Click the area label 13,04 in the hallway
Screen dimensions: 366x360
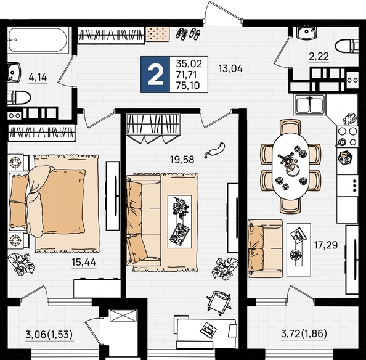coord(230,68)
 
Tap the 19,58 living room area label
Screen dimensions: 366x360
coord(182,160)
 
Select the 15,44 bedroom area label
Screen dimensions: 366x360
coord(84,262)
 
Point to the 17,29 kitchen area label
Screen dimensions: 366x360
coord(326,245)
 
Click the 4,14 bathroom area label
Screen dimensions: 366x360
coord(38,77)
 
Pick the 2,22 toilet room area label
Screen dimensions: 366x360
coord(319,56)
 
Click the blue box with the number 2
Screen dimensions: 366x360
coord(155,75)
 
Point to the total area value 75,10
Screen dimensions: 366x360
coord(188,86)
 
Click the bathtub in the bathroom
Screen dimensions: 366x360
coord(38,40)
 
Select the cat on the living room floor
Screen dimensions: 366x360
coord(214,150)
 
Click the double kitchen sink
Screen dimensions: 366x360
coord(309,104)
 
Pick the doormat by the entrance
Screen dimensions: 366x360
coord(158,34)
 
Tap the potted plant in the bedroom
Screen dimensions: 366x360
coord(22,264)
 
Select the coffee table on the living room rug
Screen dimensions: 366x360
coord(180,221)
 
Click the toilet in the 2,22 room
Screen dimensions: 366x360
coord(346,46)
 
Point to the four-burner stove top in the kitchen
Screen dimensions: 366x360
coord(348,136)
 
